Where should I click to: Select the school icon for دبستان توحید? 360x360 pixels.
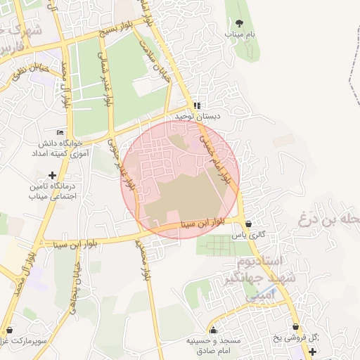pos(205,105)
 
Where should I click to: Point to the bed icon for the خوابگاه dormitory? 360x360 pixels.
pos(60,131)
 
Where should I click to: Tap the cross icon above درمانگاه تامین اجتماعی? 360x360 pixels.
pos(51,174)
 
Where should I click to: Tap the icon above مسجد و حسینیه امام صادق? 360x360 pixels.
pos(214,329)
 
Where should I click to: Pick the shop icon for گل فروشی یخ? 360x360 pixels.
pos(295,326)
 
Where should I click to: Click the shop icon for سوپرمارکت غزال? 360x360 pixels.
pos(8,329)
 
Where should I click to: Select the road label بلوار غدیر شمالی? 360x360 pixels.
pos(107,83)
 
